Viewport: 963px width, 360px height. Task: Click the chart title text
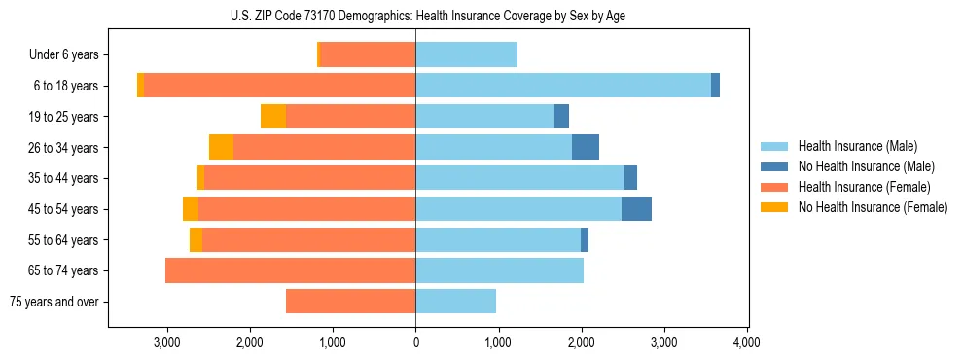tap(428, 16)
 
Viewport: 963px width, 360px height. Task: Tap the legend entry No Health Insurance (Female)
tap(872, 207)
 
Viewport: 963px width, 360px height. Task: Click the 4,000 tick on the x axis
tap(746, 342)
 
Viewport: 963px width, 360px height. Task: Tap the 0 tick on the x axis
tap(415, 342)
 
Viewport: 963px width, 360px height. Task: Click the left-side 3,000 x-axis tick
tap(167, 342)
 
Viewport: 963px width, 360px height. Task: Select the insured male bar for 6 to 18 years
tap(563, 86)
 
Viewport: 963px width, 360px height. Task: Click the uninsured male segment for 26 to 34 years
tap(586, 147)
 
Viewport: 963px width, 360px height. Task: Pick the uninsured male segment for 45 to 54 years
tap(636, 209)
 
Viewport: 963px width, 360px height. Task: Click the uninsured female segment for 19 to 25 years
tap(273, 117)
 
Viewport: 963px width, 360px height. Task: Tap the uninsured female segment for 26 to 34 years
tap(221, 147)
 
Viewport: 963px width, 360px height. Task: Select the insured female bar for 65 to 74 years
tap(290, 270)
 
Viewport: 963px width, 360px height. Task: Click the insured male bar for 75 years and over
tap(455, 302)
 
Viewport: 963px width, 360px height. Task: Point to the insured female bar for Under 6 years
tap(368, 54)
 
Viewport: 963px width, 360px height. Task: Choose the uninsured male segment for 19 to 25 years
tap(561, 117)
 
